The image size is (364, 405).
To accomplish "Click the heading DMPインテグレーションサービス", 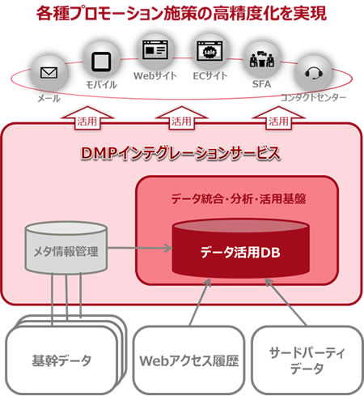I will [x=182, y=151].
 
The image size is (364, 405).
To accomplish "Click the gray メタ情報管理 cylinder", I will [x=66, y=247].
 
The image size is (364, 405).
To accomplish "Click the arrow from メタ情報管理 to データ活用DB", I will [x=138, y=248].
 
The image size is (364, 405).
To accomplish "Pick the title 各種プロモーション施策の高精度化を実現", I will [x=181, y=15].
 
